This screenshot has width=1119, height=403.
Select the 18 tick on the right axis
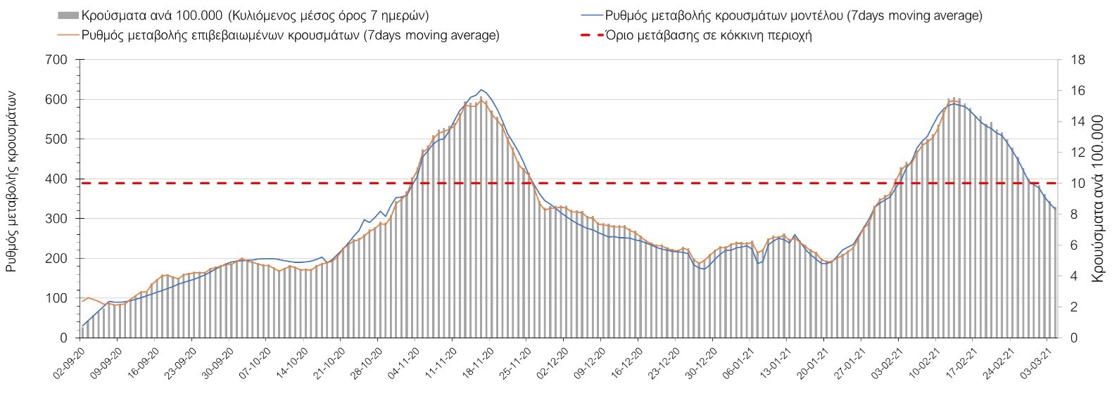click(1077, 60)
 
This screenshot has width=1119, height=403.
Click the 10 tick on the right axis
click(1077, 184)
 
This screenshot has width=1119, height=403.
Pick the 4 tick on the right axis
click(1074, 276)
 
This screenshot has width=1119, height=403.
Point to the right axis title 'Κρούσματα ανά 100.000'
click(1099, 199)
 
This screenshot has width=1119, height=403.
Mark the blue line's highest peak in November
click(481, 90)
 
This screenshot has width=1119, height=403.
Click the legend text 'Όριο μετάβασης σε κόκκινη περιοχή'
click(708, 35)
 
